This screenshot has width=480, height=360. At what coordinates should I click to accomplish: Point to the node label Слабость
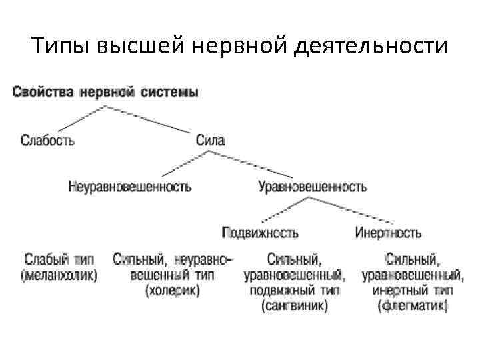(x=47, y=140)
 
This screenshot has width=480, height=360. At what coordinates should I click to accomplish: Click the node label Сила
(x=210, y=140)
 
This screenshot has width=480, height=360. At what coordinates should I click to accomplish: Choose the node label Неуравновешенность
(x=129, y=187)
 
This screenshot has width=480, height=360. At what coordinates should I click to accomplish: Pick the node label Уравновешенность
(x=313, y=187)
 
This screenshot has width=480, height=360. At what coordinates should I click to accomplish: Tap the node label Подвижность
(x=260, y=233)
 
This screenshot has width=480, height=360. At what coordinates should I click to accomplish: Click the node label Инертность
(x=388, y=233)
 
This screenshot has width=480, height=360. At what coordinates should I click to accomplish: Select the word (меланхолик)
(x=59, y=274)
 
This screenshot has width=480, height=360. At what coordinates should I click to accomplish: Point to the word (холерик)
(x=172, y=291)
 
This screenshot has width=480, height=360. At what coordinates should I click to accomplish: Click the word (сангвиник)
(x=294, y=307)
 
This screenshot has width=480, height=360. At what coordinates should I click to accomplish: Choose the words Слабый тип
(x=59, y=259)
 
